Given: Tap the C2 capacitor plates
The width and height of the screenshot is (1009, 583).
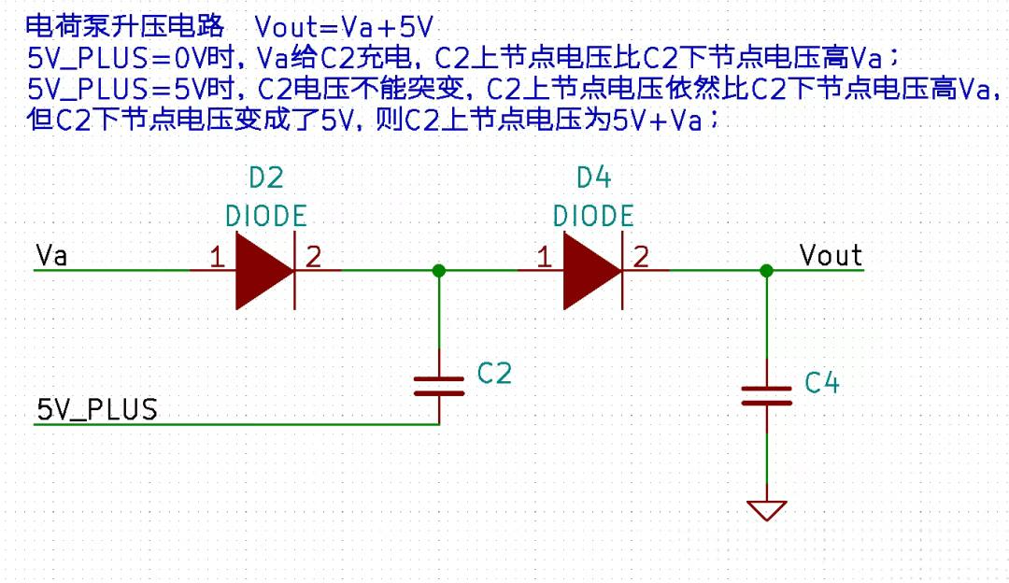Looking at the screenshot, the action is click(x=439, y=386).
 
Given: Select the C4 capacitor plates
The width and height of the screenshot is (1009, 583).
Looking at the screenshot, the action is click(x=766, y=396).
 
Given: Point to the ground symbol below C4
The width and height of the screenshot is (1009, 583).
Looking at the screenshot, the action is click(x=766, y=510).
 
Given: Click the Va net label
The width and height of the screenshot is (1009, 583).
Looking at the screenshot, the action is click(x=51, y=255).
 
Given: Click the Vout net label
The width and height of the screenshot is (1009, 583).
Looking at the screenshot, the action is click(x=831, y=255).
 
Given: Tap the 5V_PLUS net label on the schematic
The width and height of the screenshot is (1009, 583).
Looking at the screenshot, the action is click(x=97, y=410).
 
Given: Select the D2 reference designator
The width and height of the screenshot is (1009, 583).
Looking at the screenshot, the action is click(x=265, y=178).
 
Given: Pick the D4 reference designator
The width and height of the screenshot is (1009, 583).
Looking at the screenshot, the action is click(x=593, y=178).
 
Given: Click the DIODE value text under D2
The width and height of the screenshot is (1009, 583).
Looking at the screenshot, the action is click(x=265, y=216).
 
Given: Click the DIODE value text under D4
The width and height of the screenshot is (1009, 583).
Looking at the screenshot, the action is click(x=593, y=216).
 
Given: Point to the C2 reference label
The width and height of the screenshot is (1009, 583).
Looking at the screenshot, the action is click(x=494, y=373).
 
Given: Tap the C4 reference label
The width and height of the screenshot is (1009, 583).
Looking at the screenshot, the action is click(x=822, y=383).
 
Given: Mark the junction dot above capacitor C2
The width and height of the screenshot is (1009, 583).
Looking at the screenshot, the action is click(x=439, y=271).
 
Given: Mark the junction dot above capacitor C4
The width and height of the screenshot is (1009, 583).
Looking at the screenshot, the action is click(x=766, y=271).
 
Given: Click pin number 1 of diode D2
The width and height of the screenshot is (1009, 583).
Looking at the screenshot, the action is click(x=217, y=257).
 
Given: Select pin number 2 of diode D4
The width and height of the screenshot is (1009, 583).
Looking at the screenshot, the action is click(x=641, y=257).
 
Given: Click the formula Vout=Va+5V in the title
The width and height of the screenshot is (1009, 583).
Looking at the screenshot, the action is click(x=344, y=28).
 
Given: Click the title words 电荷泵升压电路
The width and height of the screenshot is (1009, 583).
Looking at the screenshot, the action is click(x=125, y=26).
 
